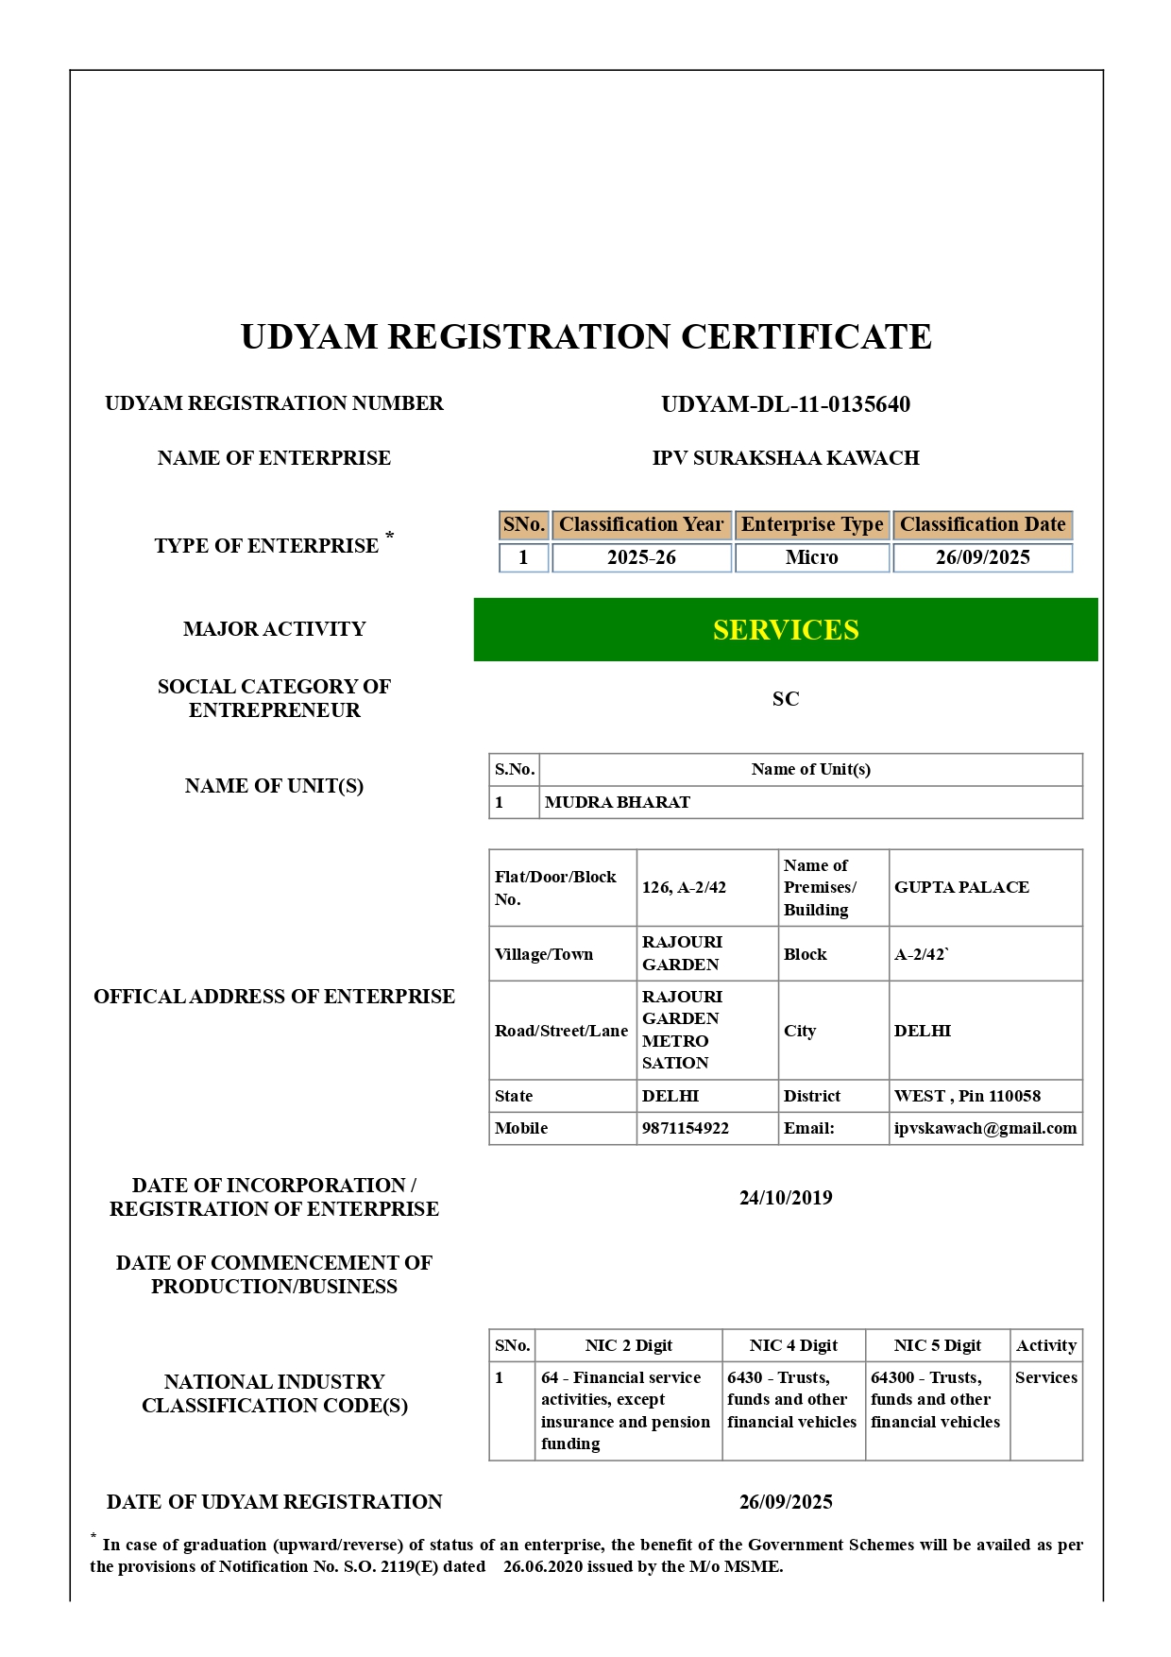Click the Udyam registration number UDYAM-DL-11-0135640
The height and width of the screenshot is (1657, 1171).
pos(785,404)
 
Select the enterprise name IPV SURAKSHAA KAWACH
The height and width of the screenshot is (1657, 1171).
pos(785,458)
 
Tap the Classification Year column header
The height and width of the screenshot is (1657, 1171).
pos(641,524)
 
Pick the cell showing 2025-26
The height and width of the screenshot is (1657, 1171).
pos(641,557)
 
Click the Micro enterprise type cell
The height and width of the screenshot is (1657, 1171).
pos(811,557)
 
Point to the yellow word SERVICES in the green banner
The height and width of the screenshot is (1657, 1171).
pos(786,630)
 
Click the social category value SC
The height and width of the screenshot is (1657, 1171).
pos(785,699)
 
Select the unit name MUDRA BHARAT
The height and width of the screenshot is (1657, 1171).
pos(618,802)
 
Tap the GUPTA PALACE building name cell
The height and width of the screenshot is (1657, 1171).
pos(961,887)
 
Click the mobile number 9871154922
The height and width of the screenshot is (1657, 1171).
pos(686,1128)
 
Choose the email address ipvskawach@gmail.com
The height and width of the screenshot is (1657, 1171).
pos(985,1128)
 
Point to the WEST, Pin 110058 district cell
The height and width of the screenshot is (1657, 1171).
pos(967,1096)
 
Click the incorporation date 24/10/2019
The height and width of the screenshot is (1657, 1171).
pos(786,1198)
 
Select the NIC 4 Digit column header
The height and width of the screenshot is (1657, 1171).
pos(793,1345)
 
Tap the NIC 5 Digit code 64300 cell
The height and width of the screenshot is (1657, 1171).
pos(935,1400)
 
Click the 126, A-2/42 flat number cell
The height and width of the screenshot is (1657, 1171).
pos(684,887)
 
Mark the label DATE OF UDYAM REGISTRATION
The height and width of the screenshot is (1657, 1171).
pos(274,1502)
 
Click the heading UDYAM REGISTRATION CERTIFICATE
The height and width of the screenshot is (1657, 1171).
pos(585,337)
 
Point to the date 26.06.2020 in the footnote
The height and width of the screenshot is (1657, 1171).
pos(541,1566)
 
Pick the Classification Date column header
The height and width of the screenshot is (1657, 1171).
pos(982,524)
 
